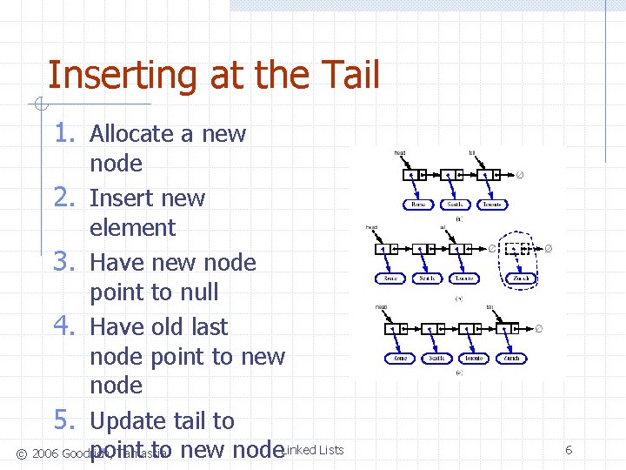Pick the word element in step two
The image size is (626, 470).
click(x=132, y=228)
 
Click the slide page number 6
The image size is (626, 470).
click(x=569, y=450)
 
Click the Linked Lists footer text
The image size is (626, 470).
click(x=315, y=450)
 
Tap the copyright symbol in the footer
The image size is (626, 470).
click(x=21, y=453)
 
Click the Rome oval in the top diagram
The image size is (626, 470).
click(x=419, y=205)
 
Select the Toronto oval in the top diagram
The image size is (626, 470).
click(x=491, y=205)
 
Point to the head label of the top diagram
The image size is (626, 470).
click(x=400, y=153)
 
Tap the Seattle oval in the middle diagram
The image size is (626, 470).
click(x=427, y=279)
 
